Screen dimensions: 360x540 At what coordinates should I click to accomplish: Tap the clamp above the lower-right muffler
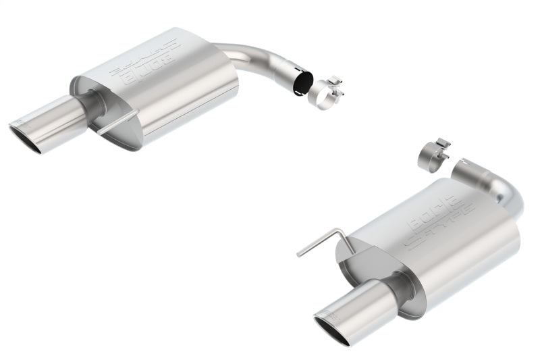coord(430,156)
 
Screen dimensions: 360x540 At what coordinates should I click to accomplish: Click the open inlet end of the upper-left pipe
coord(302,83)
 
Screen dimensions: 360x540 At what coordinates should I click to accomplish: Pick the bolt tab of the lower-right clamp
coord(439,144)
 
